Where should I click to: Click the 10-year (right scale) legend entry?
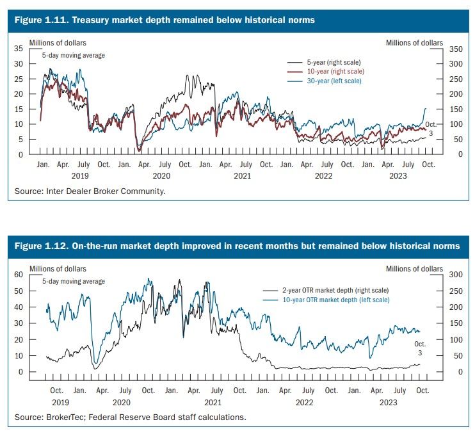point(326,72)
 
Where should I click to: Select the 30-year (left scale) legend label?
point(334,81)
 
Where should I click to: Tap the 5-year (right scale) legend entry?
point(324,62)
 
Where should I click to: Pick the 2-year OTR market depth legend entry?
point(326,290)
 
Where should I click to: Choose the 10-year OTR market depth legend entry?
point(326,300)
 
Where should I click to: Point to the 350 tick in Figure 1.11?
point(456,49)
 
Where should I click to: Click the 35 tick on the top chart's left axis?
point(19,49)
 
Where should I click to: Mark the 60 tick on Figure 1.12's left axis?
point(19,275)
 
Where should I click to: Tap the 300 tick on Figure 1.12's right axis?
point(456,275)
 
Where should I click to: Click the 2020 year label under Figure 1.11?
point(161,176)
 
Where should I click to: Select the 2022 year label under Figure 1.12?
point(304,403)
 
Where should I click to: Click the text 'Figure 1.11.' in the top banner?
point(42,20)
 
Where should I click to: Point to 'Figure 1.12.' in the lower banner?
point(42,246)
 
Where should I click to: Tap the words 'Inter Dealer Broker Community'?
point(105,191)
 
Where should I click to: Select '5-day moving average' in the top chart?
point(74,56)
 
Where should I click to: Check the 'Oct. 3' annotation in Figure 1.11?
point(431,129)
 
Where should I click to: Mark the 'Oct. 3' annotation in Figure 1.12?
point(420,348)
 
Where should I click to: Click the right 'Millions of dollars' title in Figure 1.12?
point(414,269)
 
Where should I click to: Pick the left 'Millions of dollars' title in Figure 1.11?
point(58,43)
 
